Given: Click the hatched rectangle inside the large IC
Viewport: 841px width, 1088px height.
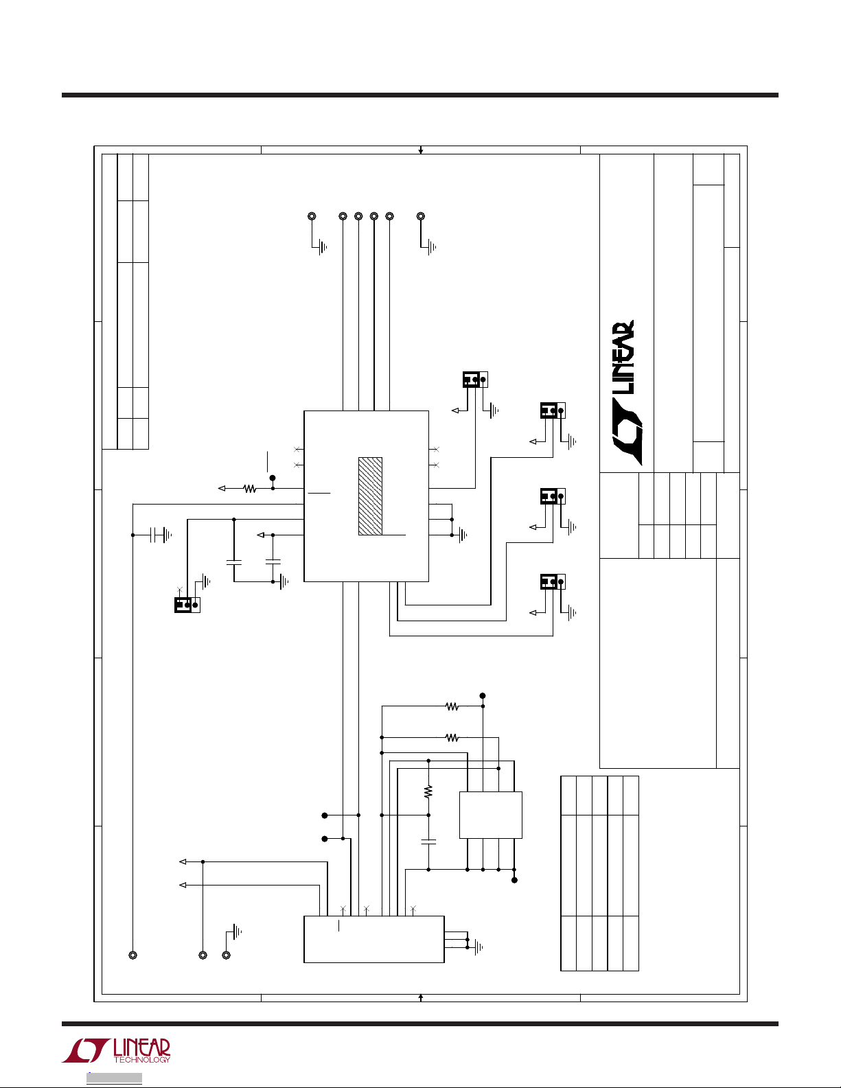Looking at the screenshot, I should (370, 496).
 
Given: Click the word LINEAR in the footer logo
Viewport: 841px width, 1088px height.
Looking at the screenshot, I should (141, 1048).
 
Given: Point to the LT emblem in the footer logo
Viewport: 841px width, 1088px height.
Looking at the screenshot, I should (86, 1051).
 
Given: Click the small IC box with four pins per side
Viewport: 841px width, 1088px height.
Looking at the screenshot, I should (490, 814).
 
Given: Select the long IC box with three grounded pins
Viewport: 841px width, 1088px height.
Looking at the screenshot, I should (373, 939).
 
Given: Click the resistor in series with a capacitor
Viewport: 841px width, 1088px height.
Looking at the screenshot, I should (428, 791).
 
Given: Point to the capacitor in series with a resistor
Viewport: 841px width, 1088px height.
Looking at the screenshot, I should (428, 840).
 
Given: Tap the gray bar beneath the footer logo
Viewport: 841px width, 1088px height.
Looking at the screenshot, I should (114, 1078).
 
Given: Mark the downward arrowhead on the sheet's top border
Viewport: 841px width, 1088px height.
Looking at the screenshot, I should (421, 150).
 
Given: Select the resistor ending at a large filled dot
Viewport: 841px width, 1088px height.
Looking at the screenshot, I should (452, 706).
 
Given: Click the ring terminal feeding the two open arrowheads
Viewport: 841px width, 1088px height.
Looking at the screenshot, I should (203, 955).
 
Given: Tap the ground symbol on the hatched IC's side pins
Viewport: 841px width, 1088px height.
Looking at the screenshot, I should (463, 535).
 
